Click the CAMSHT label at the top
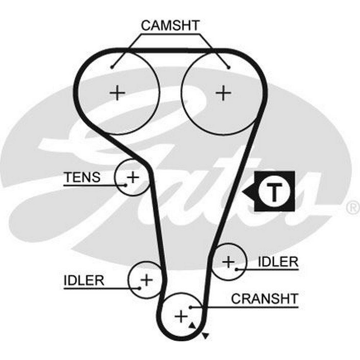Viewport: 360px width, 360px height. coord(170,26)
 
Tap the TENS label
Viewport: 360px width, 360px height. coord(82,177)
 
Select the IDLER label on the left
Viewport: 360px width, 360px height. coord(84,280)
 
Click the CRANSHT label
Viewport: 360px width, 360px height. coord(265,298)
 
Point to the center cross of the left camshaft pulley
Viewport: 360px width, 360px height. coord(117,93)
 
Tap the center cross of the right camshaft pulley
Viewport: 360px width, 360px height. coord(224,93)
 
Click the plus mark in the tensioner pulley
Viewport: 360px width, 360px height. coord(133,177)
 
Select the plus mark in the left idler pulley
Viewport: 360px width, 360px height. coord(147,279)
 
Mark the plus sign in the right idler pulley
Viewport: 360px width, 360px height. coord(228,261)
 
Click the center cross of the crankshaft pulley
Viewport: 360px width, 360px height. coord(181,316)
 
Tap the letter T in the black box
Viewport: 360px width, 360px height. coord(274,192)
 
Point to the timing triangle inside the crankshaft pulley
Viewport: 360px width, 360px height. coord(192,325)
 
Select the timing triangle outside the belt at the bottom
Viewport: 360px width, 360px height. coord(205,336)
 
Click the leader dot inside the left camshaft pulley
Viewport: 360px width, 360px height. coord(112,67)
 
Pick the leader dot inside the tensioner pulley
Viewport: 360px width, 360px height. coord(126,185)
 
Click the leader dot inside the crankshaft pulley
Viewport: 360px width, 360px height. coord(191,307)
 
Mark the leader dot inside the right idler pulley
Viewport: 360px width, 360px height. coord(236,269)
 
